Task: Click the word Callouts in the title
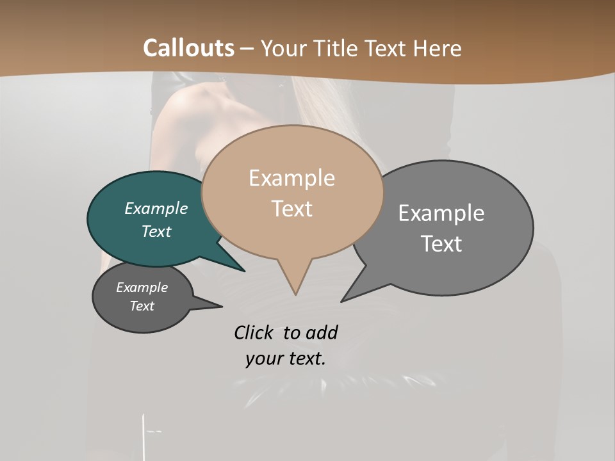pos(188,48)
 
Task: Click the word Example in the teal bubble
pos(156,208)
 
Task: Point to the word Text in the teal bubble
pos(156,231)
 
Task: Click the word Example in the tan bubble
pos(291,178)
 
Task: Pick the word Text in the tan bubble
pos(292,209)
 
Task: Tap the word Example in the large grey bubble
pos(441,213)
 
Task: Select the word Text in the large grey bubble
pos(442,244)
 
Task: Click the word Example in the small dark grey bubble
pos(142,287)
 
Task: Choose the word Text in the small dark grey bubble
pos(142,306)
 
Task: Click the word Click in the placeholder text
pos(254,332)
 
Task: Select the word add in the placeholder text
pos(322,332)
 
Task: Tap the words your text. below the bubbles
pos(286,359)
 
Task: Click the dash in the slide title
pos(247,49)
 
